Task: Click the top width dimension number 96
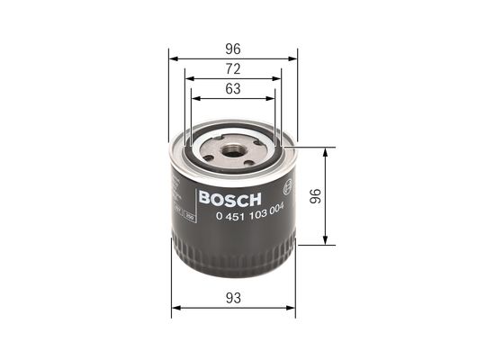233,49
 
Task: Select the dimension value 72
233,69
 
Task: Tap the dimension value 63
233,89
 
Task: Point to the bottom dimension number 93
233,298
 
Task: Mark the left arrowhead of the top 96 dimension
173,58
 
